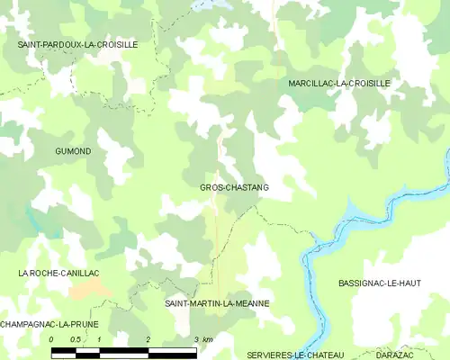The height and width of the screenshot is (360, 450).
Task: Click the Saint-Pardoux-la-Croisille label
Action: pyautogui.click(x=77, y=43)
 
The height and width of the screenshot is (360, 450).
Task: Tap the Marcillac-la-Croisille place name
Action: pyautogui.click(x=339, y=83)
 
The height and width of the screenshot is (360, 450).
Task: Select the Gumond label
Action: pyautogui.click(x=73, y=151)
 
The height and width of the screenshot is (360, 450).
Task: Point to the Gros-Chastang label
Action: pyautogui.click(x=234, y=187)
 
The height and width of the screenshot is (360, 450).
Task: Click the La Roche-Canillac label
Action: pyautogui.click(x=58, y=272)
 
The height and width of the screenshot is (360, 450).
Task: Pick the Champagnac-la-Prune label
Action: pyautogui.click(x=49, y=323)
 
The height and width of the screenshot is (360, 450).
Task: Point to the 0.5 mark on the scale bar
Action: pyautogui.click(x=76, y=339)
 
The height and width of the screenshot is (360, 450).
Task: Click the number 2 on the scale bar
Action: pyautogui.click(x=148, y=339)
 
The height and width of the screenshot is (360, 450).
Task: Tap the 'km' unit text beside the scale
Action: pyautogui.click(x=208, y=339)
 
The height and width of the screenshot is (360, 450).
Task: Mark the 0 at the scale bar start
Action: pyautogui.click(x=51, y=339)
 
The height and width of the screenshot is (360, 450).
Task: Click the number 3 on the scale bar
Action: pyautogui.click(x=195, y=339)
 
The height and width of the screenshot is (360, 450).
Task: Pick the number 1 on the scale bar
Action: pyautogui.click(x=99, y=339)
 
